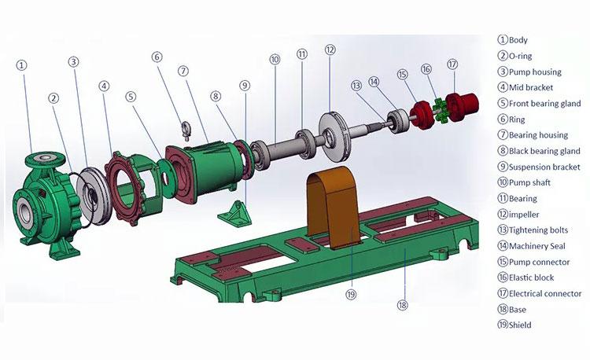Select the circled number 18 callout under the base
[404, 305]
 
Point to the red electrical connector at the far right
[458, 104]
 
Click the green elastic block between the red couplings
[435, 107]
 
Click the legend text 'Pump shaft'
[529, 183]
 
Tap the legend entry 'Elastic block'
[531, 277]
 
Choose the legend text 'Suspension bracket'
[544, 167]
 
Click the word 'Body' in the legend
[518, 40]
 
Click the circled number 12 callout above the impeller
[330, 50]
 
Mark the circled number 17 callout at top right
[452, 64]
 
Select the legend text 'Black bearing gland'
[544, 151]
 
